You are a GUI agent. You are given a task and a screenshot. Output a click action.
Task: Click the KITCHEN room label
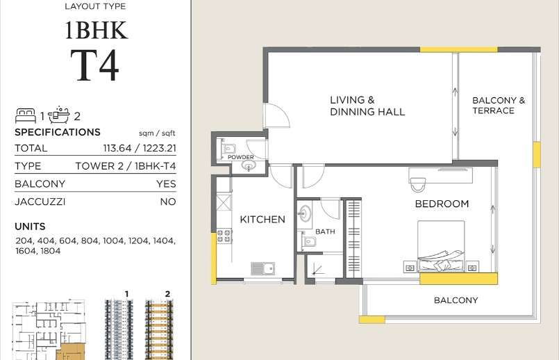click(262, 219)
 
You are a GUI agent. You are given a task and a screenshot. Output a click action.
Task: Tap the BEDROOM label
click(442, 204)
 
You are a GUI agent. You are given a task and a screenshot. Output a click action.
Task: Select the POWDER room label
click(241, 157)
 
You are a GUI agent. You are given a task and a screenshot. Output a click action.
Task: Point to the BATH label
click(325, 231)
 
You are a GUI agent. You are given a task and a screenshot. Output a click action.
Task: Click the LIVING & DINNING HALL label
click(367, 106)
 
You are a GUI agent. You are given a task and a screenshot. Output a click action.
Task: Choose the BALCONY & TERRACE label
click(499, 106)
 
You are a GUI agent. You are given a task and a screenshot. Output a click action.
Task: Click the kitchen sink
click(262, 268)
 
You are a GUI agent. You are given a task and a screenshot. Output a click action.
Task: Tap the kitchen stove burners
click(224, 236)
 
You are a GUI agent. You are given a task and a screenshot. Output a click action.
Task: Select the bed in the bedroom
click(441, 246)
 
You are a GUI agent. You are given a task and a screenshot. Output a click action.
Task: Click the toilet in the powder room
click(228, 148)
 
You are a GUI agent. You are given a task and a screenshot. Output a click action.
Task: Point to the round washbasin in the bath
click(304, 214)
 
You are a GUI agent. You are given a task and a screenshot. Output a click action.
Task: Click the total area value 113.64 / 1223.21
click(140, 148)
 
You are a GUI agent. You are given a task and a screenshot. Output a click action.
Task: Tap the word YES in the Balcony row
click(166, 183)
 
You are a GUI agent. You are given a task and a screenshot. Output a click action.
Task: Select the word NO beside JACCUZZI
click(168, 202)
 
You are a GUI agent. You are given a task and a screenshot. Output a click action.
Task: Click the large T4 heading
click(94, 65)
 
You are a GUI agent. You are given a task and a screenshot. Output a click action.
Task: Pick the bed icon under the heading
click(26, 115)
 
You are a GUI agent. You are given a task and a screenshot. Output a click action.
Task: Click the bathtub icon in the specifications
click(59, 115)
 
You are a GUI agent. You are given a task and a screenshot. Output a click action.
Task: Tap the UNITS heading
click(30, 227)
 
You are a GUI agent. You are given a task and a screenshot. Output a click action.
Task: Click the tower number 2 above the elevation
click(167, 294)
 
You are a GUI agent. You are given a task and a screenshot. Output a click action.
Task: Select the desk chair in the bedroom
click(418, 184)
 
